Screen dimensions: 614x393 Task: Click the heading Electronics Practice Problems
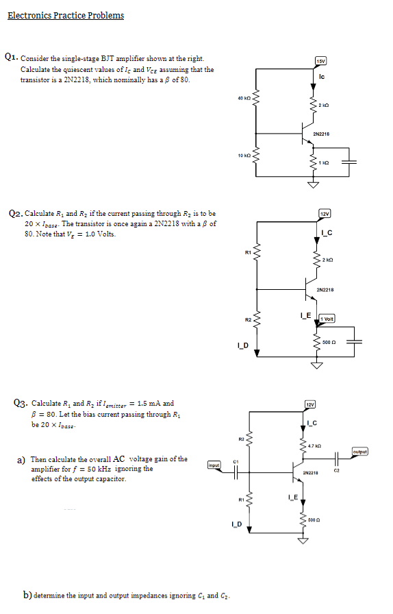(x=66, y=16)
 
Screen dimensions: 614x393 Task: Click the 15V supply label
(x=320, y=62)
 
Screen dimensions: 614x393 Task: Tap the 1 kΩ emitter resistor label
(x=325, y=162)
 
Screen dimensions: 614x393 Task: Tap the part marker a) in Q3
(x=21, y=459)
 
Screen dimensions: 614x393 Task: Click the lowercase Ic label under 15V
(x=322, y=76)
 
